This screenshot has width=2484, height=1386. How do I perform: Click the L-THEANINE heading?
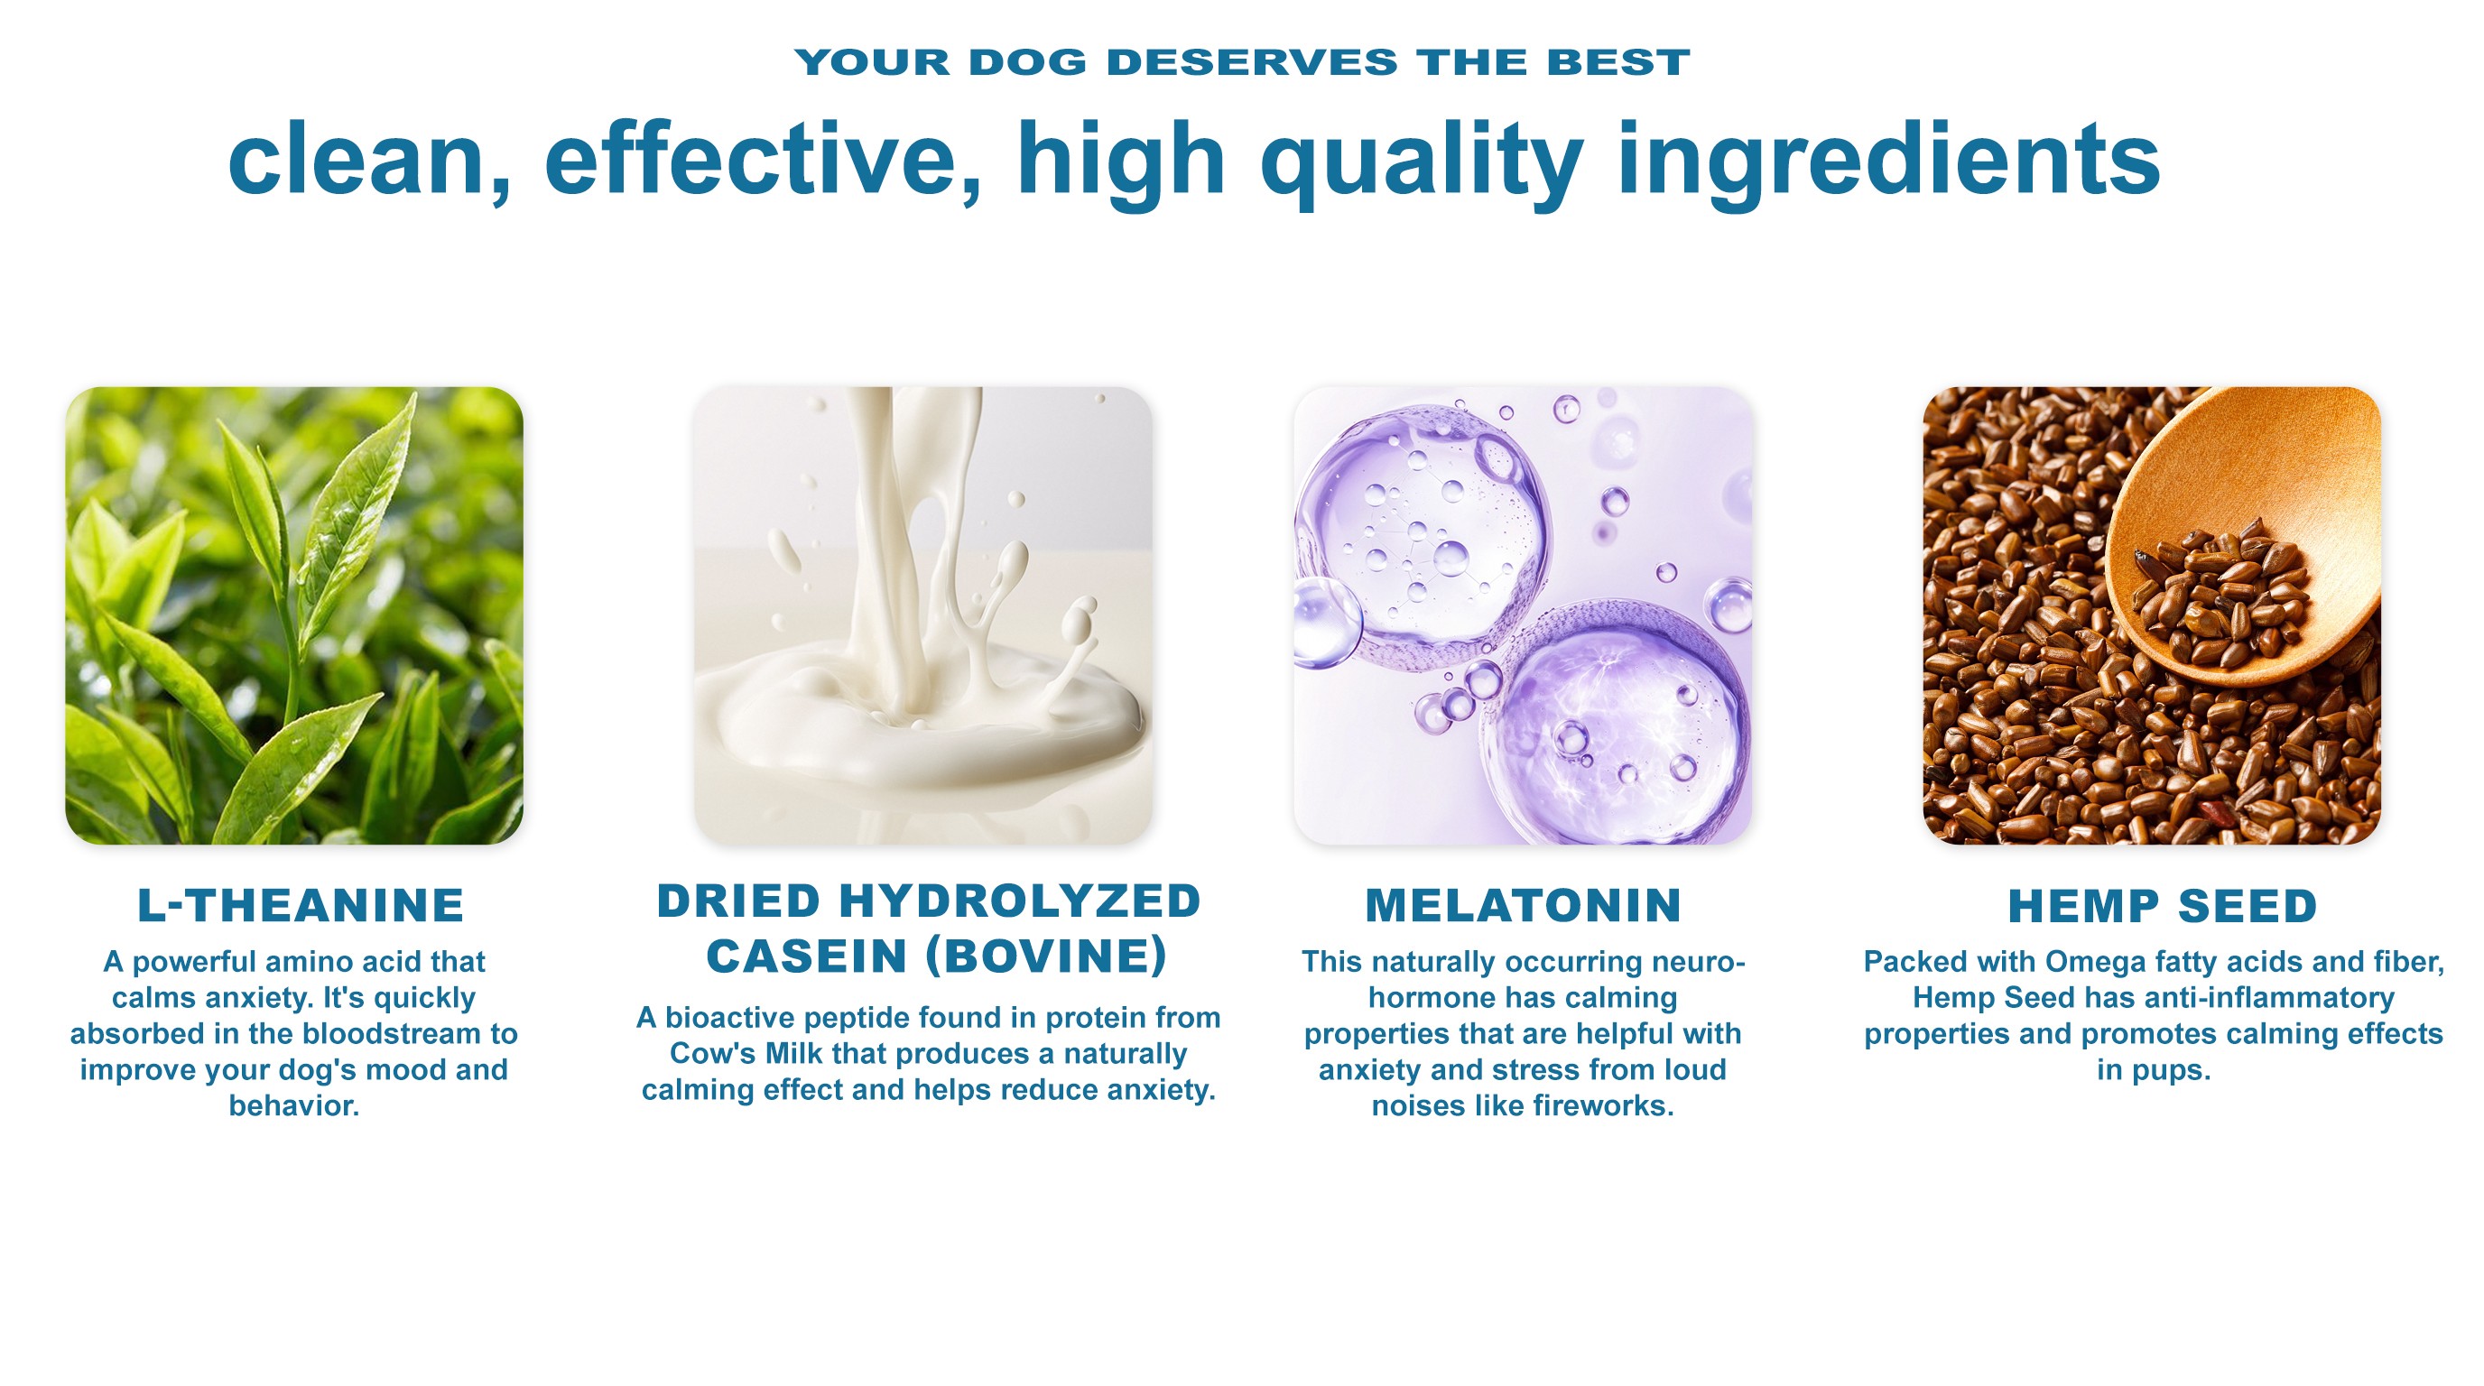pos(301,905)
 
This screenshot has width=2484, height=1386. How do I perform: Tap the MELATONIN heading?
pos(1524,905)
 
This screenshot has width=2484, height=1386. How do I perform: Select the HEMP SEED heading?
pos(2162,906)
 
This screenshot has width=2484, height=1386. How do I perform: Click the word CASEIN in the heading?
pos(806,956)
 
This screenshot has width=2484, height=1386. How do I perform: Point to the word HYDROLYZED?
pos(1020,901)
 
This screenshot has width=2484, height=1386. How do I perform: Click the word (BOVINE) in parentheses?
pos(1046,956)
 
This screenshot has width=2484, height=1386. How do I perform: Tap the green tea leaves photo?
pos(294,616)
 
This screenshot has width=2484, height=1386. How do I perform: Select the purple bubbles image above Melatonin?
pos(1523,616)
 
